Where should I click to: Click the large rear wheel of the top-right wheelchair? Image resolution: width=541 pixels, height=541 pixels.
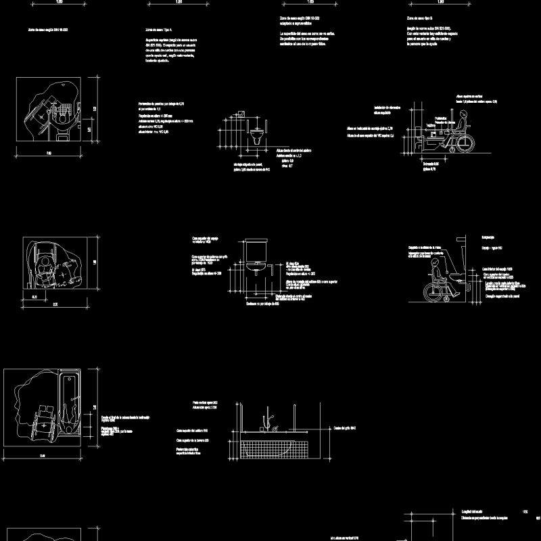tap(465, 143)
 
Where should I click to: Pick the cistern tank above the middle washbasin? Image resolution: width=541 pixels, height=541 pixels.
tap(257, 250)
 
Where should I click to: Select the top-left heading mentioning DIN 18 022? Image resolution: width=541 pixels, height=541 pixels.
tap(47, 30)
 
